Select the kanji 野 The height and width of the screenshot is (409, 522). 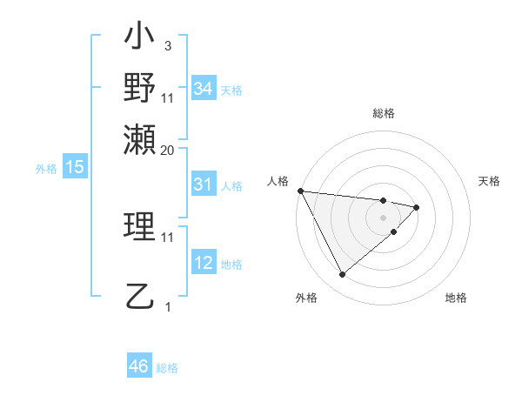tap(140, 89)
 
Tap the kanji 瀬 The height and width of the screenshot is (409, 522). tap(140, 139)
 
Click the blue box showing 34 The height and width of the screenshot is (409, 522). tap(204, 89)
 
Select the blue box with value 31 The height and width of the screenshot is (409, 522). tap(204, 184)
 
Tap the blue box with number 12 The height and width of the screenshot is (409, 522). tap(204, 264)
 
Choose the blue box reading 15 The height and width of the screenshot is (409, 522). tap(75, 168)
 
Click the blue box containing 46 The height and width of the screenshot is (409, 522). tap(139, 366)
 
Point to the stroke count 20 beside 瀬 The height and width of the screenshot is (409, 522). tap(168, 150)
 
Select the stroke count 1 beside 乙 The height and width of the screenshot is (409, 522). tap(168, 306)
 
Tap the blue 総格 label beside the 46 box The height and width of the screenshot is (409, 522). tap(167, 368)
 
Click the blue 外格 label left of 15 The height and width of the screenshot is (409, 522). tap(46, 169)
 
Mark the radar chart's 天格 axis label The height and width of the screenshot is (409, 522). tap(490, 181)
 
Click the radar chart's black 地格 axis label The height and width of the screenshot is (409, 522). tap(456, 298)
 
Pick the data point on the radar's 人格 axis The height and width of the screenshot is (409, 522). tap(300, 191)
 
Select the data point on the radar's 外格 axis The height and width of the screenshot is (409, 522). tap(342, 275)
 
